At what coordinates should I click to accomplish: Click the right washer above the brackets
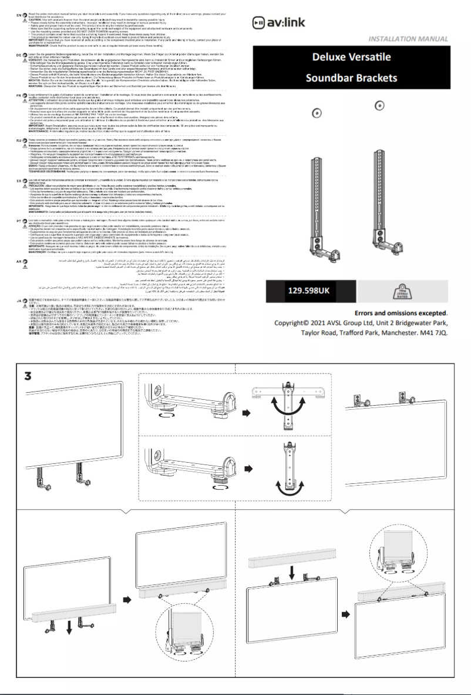tap(380, 106)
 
